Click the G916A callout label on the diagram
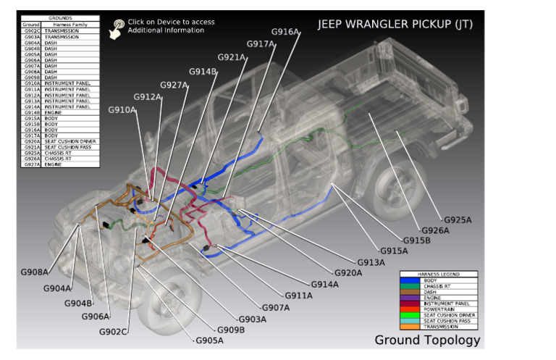pos(285,32)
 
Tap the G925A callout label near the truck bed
pos(457,219)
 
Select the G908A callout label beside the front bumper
pos(34,272)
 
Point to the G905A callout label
pos(209,340)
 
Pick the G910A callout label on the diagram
pos(122,110)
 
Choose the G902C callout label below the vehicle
pos(114,332)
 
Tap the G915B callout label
pos(416,240)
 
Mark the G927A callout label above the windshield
pos(174,85)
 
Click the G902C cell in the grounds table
pos(32,31)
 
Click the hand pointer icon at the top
pos(115,28)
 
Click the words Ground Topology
pos(426,340)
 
